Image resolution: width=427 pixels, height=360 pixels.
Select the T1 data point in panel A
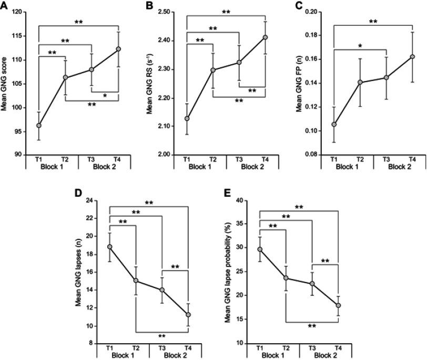pyautogui.click(x=39, y=125)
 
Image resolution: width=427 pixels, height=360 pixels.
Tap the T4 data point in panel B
pyautogui.click(x=265, y=37)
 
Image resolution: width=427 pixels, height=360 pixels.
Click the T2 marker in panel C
pyautogui.click(x=360, y=82)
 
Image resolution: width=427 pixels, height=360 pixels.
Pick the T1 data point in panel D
pyautogui.click(x=110, y=247)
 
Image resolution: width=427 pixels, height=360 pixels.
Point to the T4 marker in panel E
pyautogui.click(x=338, y=305)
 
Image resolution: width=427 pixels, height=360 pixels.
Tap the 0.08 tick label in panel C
pyautogui.click(x=316, y=155)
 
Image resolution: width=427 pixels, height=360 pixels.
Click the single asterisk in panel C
pyautogui.click(x=360, y=46)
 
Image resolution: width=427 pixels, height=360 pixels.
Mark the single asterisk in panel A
pyautogui.click(x=105, y=96)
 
